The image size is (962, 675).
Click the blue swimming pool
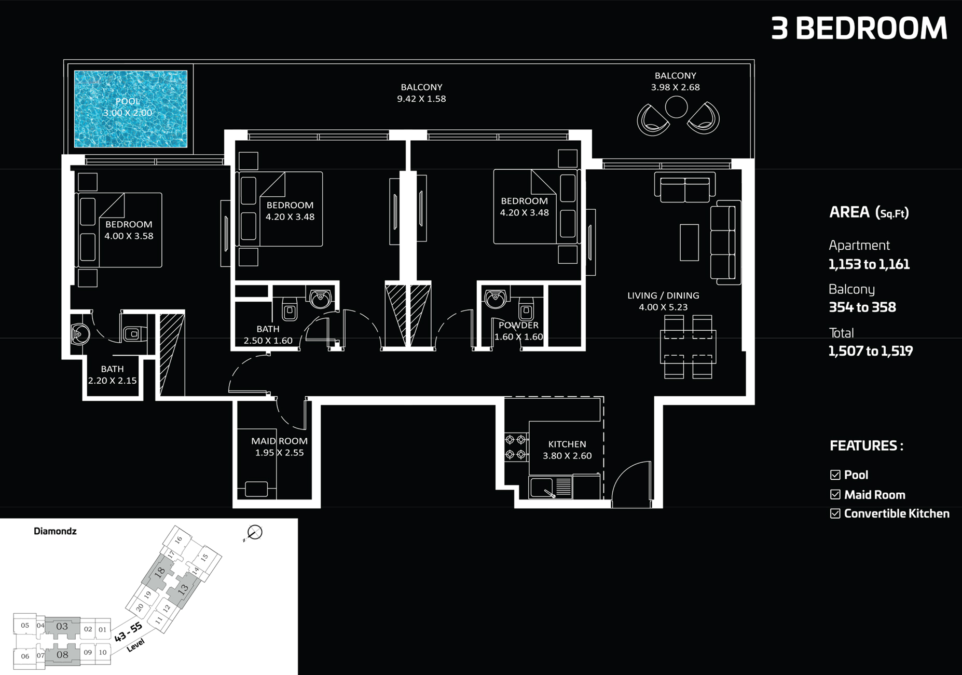pos(130,109)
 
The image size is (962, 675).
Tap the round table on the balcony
pos(676,107)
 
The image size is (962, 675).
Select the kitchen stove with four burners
pos(516,447)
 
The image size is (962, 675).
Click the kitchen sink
pos(542,488)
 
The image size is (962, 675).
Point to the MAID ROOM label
pos(279,441)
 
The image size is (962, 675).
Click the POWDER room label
pos(518,325)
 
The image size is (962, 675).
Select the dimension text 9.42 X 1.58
pos(421,99)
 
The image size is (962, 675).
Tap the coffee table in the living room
pos(689,242)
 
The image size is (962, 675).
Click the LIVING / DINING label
pos(663,295)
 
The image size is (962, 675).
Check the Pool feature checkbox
pos(835,475)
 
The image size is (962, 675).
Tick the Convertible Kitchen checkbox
pos(835,514)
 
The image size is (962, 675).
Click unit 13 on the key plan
pos(183,590)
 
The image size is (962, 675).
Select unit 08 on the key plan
pos(62,655)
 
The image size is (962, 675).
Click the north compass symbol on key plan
pos(254,532)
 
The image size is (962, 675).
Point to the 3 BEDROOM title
pos(859,28)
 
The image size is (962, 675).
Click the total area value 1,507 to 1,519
pos(870,351)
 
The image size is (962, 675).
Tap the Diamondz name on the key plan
pos(55,531)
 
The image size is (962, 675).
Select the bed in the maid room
pos(256,489)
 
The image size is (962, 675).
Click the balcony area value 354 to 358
pos(862,307)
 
